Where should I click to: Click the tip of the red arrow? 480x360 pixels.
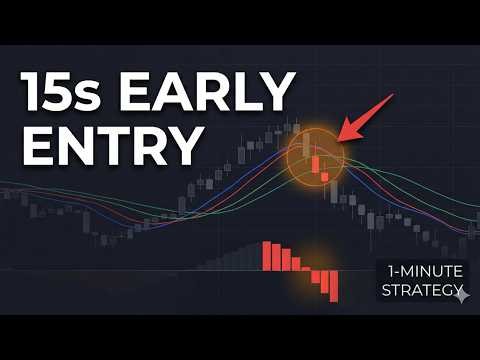click(338, 139)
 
